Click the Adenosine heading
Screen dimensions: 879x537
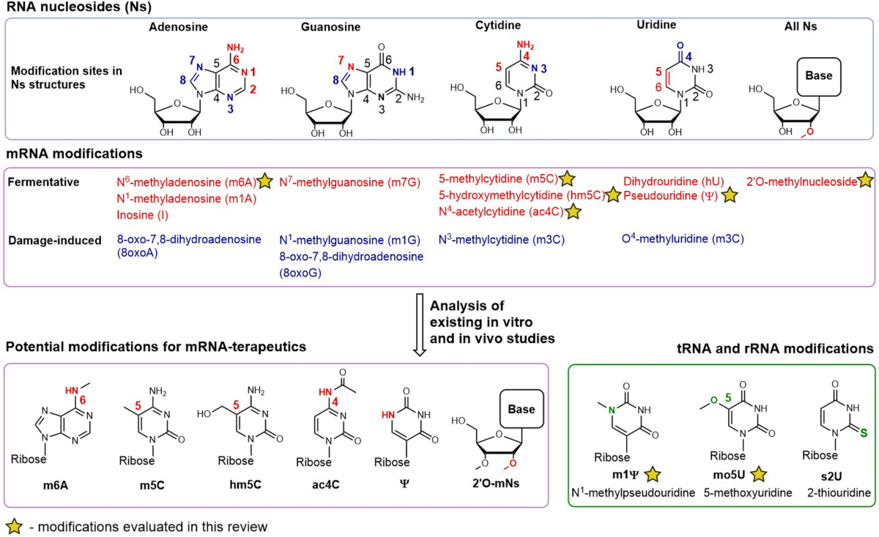(x=178, y=26)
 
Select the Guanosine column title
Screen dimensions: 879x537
(x=330, y=26)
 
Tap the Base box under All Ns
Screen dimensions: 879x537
(x=819, y=77)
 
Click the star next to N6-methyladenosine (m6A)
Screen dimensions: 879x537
(x=265, y=181)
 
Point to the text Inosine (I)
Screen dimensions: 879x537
(x=142, y=215)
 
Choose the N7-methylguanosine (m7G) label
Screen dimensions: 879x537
(x=349, y=182)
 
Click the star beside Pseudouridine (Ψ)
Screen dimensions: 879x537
(x=730, y=195)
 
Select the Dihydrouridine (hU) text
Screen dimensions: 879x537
(x=674, y=181)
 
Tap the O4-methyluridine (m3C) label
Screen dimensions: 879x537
(x=683, y=239)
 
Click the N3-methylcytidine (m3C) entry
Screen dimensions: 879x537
(x=502, y=239)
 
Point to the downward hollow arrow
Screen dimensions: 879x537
(x=420, y=325)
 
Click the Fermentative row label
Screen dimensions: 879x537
(x=43, y=182)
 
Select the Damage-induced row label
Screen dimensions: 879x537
(x=54, y=240)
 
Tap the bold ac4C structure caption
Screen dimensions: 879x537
(x=326, y=485)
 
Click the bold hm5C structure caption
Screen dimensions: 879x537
(x=245, y=485)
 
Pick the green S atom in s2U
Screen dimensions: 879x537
(x=863, y=432)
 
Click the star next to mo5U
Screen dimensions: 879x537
(x=759, y=474)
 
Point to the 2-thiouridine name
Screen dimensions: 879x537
(x=839, y=492)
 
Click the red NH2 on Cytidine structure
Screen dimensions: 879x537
(x=525, y=45)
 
